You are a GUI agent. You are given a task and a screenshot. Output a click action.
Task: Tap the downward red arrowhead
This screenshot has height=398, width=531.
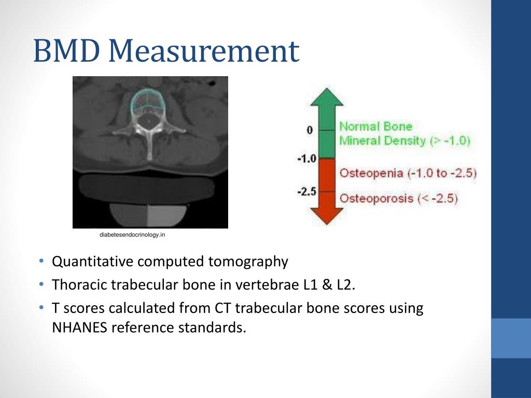coord(326,215)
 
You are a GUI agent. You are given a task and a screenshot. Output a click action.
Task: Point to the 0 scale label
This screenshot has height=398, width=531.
coord(310,130)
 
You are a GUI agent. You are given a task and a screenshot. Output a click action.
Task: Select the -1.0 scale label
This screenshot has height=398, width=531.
coord(306,159)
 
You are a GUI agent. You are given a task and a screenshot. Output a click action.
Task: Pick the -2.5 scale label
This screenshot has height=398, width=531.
coord(306,192)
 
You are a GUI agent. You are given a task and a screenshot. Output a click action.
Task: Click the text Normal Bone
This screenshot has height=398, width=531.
coord(375,126)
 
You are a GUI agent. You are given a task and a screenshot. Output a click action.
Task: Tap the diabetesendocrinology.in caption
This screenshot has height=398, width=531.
coord(132,236)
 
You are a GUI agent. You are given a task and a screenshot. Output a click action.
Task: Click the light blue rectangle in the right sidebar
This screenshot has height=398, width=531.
coord(511,338)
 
